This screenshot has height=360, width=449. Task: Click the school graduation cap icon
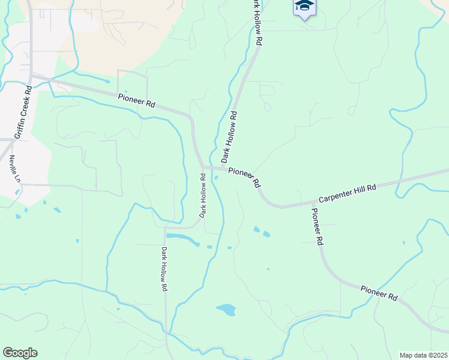point(304,7)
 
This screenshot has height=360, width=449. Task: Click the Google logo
point(20,353)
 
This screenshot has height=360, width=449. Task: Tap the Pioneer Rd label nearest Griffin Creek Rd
point(137,101)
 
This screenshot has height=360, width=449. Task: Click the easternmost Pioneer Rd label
point(379,292)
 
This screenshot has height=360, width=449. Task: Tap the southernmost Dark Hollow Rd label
point(163,268)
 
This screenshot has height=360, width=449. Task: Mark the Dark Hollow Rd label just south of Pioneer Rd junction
point(203,196)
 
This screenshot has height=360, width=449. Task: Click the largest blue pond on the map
point(226,310)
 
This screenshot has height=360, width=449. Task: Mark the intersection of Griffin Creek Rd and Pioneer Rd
point(32,77)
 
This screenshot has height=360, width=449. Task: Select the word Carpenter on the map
point(334,196)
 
